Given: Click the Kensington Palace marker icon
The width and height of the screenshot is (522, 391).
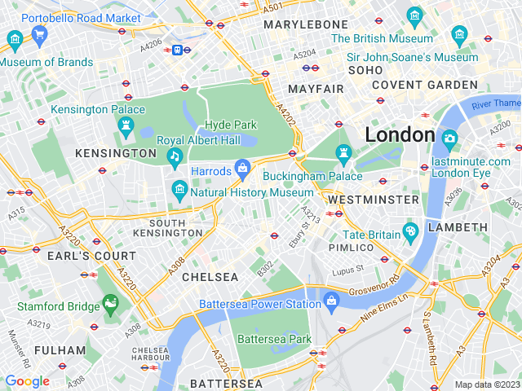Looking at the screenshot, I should [126, 125].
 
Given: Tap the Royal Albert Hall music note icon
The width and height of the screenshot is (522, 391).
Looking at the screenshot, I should [174, 156].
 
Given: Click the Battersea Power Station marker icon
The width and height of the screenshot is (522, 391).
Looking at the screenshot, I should [331, 301].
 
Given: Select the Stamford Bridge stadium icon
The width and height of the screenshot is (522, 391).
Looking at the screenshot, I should [109, 305].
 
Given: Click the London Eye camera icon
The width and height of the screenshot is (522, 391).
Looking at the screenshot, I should [449, 139].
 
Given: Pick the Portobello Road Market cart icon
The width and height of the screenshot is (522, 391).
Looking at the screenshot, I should [39, 34].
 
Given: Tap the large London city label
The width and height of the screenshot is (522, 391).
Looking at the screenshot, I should [400, 134].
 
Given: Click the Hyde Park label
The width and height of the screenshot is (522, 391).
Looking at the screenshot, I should [229, 125].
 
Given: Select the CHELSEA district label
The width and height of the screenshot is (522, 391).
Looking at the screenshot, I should [210, 277].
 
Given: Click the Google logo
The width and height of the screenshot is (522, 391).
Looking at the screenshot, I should [27, 381].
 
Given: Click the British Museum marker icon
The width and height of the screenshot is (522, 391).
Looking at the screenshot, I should [415, 15].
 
